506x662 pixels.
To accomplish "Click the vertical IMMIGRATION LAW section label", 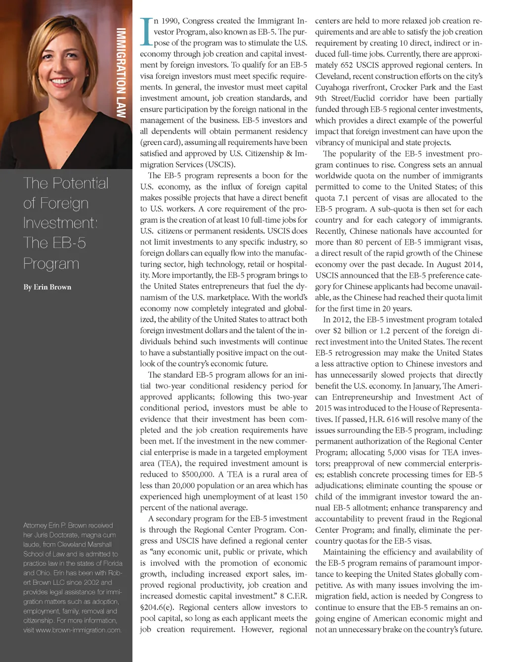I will click(x=121, y=73).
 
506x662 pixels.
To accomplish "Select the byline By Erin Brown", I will click(x=47, y=287).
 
